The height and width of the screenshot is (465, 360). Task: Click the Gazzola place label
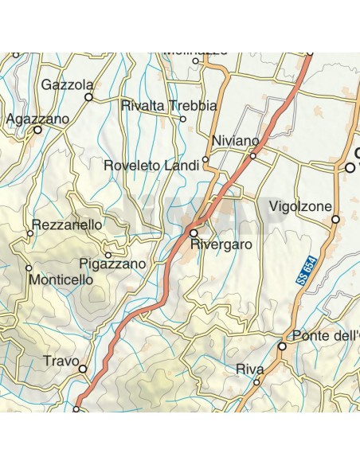pyautogui.click(x=68, y=84)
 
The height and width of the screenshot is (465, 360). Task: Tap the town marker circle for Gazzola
pyautogui.click(x=89, y=97)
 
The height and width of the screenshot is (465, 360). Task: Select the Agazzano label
pyautogui.click(x=37, y=118)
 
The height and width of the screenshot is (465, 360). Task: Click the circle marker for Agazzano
pyautogui.click(x=37, y=130)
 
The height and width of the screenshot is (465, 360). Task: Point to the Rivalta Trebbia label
pyautogui.click(x=168, y=105)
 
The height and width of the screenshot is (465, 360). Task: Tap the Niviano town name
pyautogui.click(x=236, y=141)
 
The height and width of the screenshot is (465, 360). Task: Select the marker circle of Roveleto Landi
pyautogui.click(x=205, y=159)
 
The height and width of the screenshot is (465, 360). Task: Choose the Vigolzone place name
pyautogui.click(x=300, y=206)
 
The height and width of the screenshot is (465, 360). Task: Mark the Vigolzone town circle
pyautogui.click(x=335, y=219)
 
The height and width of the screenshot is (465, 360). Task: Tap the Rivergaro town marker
pyautogui.click(x=193, y=232)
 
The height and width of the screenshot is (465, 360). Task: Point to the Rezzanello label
pyautogui.click(x=67, y=225)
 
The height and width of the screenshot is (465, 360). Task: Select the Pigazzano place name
pyautogui.click(x=113, y=264)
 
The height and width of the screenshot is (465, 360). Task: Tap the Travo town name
pyautogui.click(x=60, y=360)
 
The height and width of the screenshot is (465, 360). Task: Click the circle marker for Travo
pyautogui.click(x=82, y=369)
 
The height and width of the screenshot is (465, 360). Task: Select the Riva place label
pyautogui.click(x=249, y=369)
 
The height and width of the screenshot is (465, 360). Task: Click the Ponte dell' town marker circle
pyautogui.click(x=282, y=346)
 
